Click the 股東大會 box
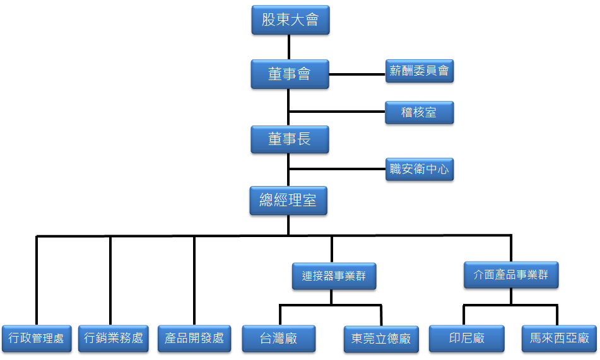coord(290,20)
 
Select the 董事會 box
coord(290,74)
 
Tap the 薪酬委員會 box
coord(420,71)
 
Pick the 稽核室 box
coord(420,113)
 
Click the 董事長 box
coord(290,139)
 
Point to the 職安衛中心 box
coord(420,169)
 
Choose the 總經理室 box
coord(288,201)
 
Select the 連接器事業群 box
coord(334,276)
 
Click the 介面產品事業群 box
coord(511,275)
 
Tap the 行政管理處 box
coord(37,339)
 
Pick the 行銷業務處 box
coord(114,339)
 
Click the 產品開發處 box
coord(194,339)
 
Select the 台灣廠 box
coord(279,339)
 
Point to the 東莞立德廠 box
coord(381,339)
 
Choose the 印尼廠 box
coord(466,339)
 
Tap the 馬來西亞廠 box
coord(559,339)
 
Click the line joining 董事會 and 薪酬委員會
coord(357,74)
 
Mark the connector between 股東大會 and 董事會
coord(289,47)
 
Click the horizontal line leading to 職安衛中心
coord(338,169)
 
